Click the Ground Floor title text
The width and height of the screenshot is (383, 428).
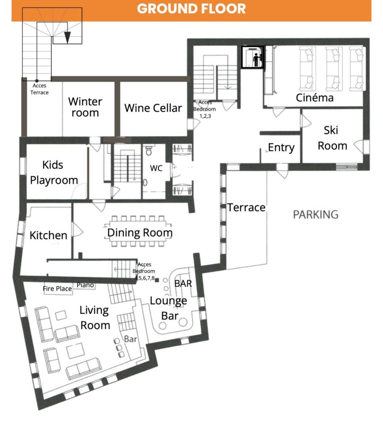[x=191, y=8]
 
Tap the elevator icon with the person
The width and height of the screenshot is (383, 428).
[x=253, y=57]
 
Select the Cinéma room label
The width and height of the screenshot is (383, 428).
[x=315, y=97]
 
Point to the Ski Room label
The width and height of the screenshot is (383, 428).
[x=332, y=138]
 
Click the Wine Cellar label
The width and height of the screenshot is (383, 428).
[x=153, y=108]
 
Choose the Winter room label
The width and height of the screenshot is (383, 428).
[x=85, y=107]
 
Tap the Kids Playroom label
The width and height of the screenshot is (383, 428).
[x=54, y=173]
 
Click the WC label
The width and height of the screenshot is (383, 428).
[x=156, y=168]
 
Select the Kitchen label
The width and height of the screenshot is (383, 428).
[x=49, y=235]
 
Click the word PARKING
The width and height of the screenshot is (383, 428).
[x=316, y=214]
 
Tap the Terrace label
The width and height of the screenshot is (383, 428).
[x=246, y=207]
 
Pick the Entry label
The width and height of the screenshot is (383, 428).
[x=281, y=148]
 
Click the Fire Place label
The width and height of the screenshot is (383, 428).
[x=57, y=288]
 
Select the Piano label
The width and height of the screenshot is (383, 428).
[x=85, y=285]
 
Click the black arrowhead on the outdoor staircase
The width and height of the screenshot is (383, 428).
[x=67, y=37]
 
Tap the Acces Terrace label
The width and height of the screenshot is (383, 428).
[x=39, y=89]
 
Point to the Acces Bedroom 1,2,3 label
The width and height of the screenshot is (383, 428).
[x=204, y=109]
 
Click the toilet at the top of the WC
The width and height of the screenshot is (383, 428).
[x=149, y=150]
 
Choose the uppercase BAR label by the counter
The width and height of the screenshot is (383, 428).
[x=183, y=284]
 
